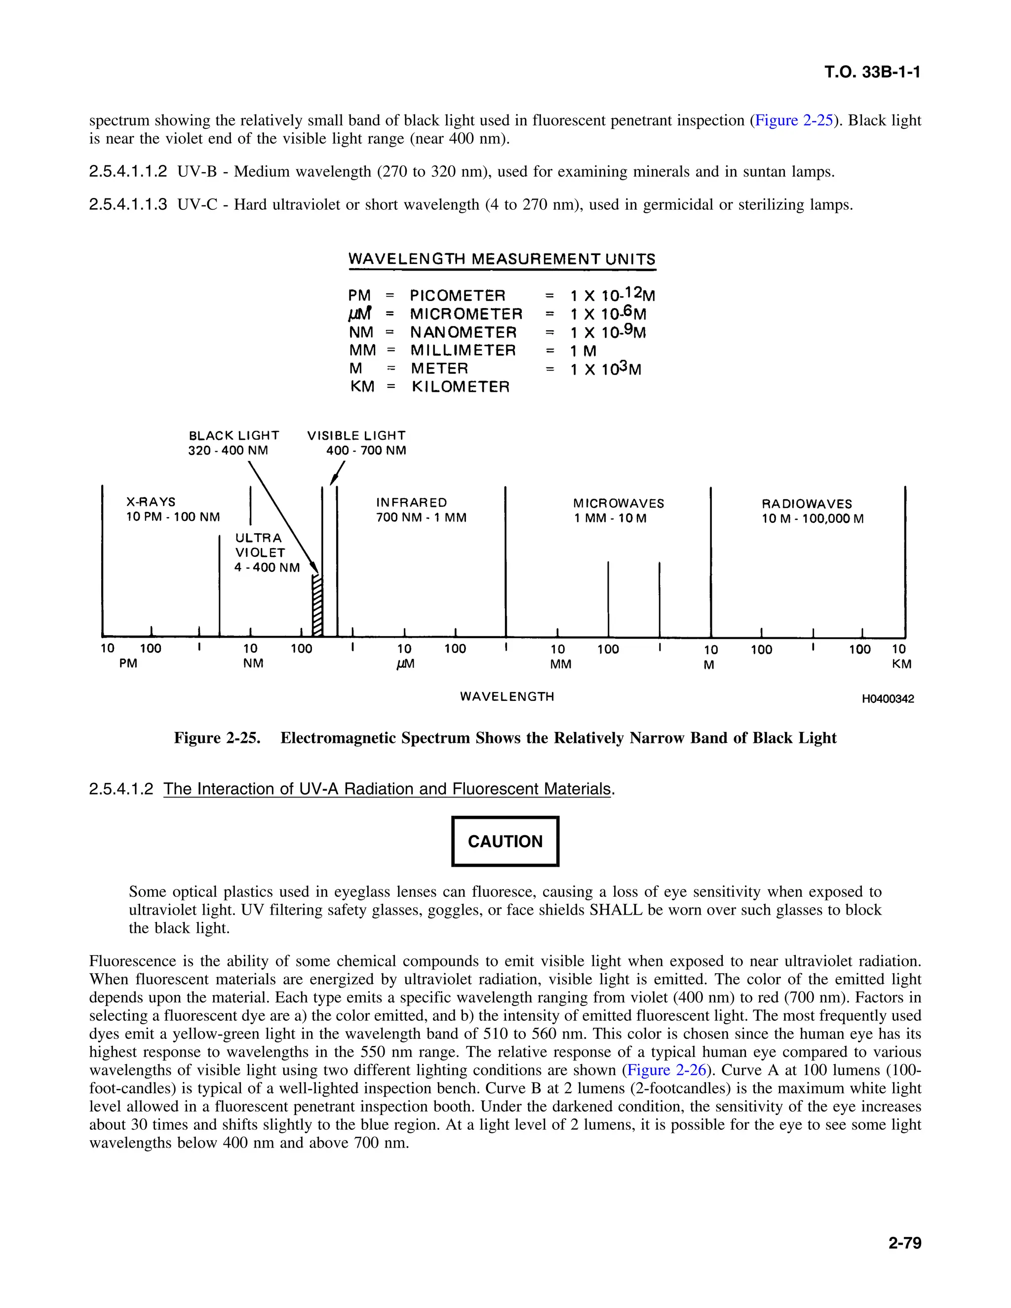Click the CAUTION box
(x=505, y=841)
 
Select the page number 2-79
(x=904, y=1243)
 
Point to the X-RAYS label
(x=151, y=502)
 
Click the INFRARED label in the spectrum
(x=412, y=502)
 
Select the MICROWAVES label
(x=618, y=503)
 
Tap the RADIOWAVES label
(x=806, y=503)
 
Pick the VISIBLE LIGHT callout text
(x=356, y=436)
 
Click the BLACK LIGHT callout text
(x=233, y=436)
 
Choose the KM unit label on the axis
(x=901, y=664)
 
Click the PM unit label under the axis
(x=128, y=663)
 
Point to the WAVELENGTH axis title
(x=506, y=696)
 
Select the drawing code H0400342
(x=888, y=699)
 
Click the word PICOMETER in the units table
(x=458, y=296)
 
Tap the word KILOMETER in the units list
(x=460, y=387)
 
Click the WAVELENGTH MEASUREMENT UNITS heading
(x=502, y=259)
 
